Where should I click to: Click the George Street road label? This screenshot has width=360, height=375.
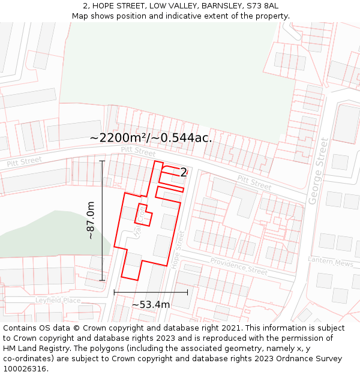[x=317, y=172]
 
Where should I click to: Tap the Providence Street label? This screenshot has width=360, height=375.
[x=239, y=266]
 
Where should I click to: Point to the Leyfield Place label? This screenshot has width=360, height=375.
[x=58, y=300]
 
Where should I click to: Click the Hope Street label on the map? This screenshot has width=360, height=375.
[x=178, y=249]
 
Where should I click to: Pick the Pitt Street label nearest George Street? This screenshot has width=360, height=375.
[x=254, y=182]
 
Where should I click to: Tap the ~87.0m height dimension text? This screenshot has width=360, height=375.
[x=91, y=220]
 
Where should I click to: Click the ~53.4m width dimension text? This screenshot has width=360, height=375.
[x=151, y=305]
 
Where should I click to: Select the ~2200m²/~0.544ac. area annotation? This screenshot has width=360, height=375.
[x=151, y=137]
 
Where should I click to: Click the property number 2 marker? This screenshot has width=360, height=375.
[x=184, y=173]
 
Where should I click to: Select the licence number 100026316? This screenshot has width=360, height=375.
[x=25, y=368]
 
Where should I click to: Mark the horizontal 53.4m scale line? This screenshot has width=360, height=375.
[x=151, y=293]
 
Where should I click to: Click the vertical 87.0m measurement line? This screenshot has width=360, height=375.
[x=102, y=220]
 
